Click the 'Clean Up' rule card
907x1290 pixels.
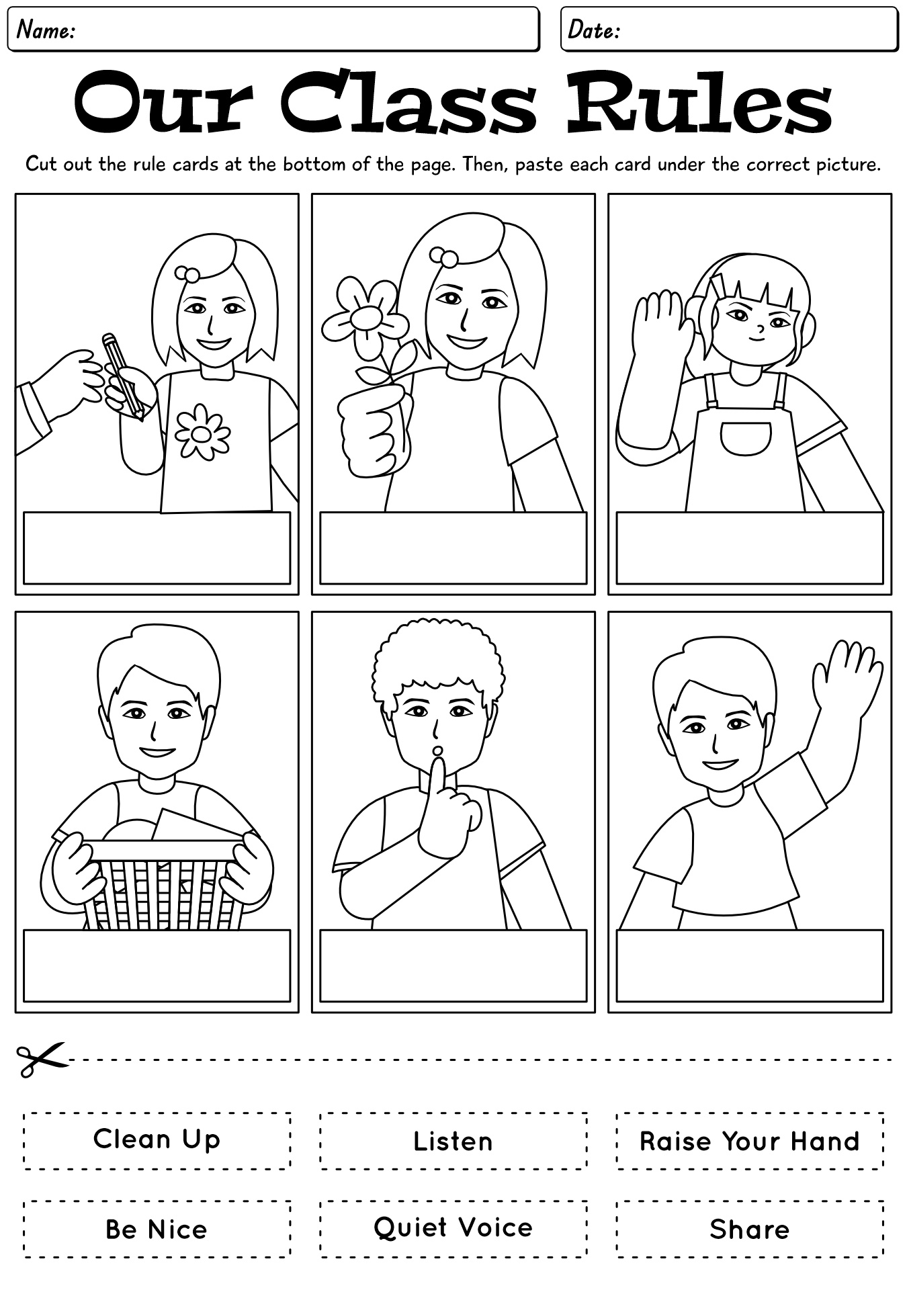[157, 1140]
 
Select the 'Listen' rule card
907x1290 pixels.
[453, 1141]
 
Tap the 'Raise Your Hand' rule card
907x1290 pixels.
[750, 1141]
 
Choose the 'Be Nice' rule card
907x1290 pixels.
[157, 1229]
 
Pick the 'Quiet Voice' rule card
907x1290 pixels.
[453, 1228]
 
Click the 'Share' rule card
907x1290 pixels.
[750, 1229]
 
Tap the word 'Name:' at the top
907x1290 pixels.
[46, 30]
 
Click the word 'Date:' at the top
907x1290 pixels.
[593, 30]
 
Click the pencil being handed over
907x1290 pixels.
[122, 375]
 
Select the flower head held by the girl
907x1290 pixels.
[365, 316]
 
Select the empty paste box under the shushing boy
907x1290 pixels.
[453, 965]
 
